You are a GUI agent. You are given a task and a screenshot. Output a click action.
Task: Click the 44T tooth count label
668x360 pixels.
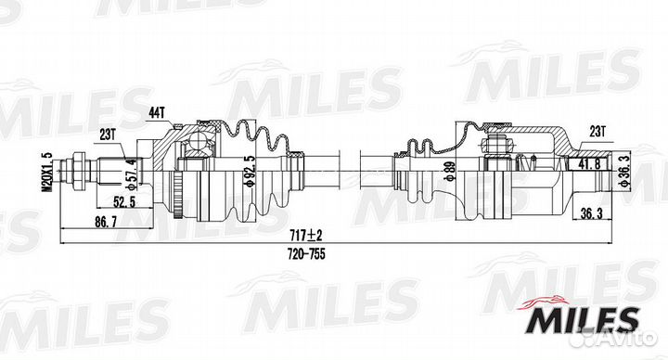coord(157,113)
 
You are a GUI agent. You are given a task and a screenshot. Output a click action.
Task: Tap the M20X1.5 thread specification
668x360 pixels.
coord(47,172)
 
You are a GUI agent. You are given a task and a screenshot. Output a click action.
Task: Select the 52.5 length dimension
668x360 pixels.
coord(124,201)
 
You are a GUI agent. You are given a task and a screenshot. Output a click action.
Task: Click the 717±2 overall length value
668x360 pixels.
coord(306,235)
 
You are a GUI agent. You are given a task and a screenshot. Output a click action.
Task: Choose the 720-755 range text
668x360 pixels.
coord(306,254)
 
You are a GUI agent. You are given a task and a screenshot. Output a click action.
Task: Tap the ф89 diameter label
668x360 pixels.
coord(448,172)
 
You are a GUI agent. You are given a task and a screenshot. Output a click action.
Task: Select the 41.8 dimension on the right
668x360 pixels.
coord(590,162)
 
